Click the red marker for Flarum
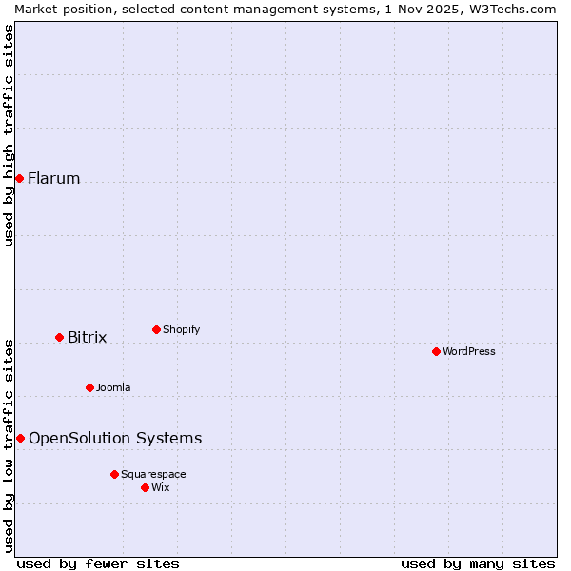click(x=19, y=178)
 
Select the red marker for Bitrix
click(x=59, y=337)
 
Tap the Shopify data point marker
click(x=156, y=329)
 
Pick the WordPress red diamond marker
click(x=436, y=351)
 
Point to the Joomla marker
click(x=89, y=387)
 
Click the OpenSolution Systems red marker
click(x=20, y=438)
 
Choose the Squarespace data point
click(x=114, y=474)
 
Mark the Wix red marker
click(x=145, y=487)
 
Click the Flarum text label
click(x=54, y=178)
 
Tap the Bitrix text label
click(x=88, y=337)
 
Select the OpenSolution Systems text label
click(x=115, y=438)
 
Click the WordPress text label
click(x=469, y=351)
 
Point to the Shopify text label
click(x=182, y=329)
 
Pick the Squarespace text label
click(x=153, y=474)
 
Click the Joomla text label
click(x=113, y=387)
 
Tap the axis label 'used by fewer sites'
click(x=98, y=563)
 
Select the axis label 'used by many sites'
click(x=478, y=563)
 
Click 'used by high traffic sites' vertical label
click(x=9, y=135)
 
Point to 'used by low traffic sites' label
click(x=9, y=444)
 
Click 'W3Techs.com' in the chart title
click(x=517, y=9)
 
